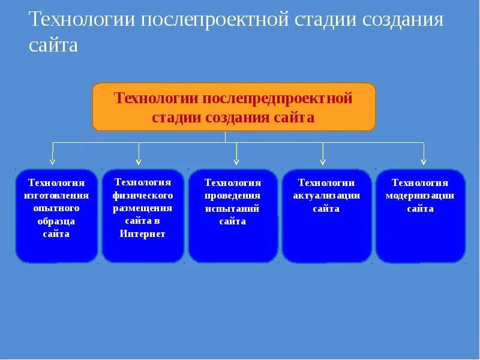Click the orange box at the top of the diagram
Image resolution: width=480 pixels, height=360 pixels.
point(233,107)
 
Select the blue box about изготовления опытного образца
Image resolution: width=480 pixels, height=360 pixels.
point(56,216)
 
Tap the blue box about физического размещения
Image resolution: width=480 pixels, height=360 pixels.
point(143,216)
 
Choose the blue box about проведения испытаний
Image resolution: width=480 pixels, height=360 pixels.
point(233,216)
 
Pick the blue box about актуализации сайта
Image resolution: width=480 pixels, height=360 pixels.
point(326,216)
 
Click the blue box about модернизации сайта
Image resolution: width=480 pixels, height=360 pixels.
point(420,216)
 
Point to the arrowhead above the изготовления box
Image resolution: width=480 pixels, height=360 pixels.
point(52,161)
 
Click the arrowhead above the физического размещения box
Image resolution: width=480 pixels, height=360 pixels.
point(139,161)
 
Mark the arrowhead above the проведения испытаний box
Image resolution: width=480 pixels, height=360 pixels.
point(236,161)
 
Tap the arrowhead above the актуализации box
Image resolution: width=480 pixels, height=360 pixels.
point(323,161)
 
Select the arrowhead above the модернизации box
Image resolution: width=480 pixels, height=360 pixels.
point(423,161)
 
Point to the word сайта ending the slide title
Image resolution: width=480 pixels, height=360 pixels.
point(53,46)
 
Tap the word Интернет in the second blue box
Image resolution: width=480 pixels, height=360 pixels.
point(142,234)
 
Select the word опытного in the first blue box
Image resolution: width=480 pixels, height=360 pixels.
point(56,208)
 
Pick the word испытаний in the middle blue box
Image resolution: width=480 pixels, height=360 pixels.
point(232,209)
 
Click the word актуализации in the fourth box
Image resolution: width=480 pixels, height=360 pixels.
point(326,196)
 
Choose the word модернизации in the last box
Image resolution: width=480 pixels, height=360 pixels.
point(420,196)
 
